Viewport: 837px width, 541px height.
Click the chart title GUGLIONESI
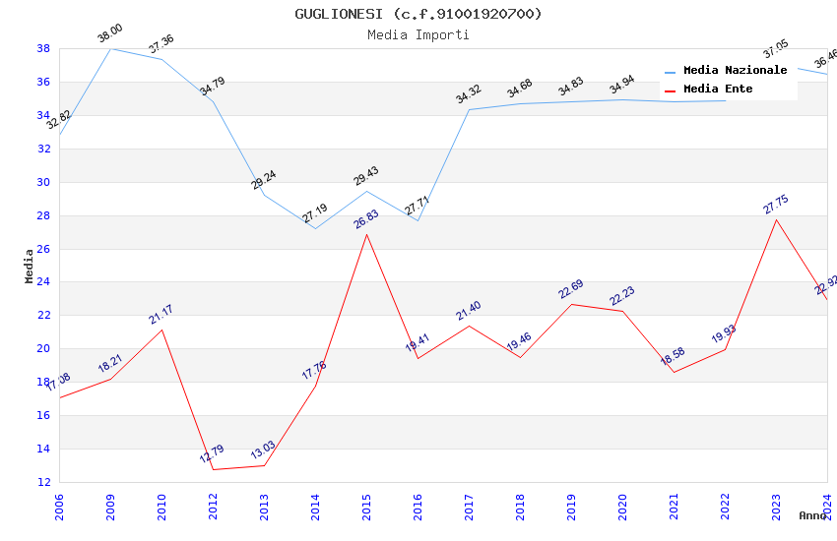click(x=418, y=14)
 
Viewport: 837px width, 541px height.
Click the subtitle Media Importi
click(x=418, y=34)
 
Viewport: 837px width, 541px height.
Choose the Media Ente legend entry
click(x=718, y=90)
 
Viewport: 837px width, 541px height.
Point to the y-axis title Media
click(x=30, y=266)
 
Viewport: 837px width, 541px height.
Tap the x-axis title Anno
click(x=812, y=515)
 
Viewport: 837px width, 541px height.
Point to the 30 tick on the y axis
click(x=44, y=182)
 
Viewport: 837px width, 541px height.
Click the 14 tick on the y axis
click(x=44, y=449)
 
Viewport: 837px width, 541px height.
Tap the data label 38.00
click(x=109, y=36)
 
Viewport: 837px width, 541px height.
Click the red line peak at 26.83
click(x=366, y=234)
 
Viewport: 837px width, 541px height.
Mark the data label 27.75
click(x=776, y=204)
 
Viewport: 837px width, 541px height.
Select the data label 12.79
click(x=212, y=453)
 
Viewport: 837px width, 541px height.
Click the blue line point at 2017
click(x=469, y=109)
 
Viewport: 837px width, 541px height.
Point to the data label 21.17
click(x=161, y=314)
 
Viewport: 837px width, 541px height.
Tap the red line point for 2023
click(x=776, y=218)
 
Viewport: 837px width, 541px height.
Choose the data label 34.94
click(x=621, y=87)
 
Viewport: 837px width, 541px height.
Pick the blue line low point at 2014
click(x=315, y=228)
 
